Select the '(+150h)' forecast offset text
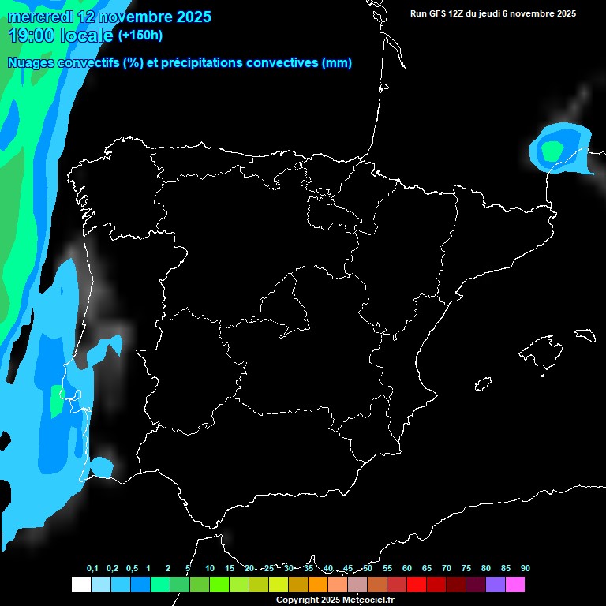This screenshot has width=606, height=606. tap(140, 35)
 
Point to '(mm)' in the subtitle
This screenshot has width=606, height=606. tap(336, 63)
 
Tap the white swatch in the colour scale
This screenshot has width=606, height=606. tap(81, 584)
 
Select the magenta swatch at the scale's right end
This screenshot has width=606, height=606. tap(515, 584)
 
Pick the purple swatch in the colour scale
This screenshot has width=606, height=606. tap(496, 584)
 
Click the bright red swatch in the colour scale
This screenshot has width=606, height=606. tap(417, 584)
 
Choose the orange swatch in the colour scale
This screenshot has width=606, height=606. tap(318, 584)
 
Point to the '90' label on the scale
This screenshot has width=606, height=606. tap(526, 569)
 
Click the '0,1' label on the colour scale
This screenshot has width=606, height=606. tap(92, 569)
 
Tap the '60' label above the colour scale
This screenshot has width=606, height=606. tap(407, 569)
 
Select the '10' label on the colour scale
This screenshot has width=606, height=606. tap(210, 569)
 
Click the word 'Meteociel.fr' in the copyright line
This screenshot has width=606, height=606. tap(365, 600)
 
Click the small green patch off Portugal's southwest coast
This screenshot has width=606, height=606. tap(56, 402)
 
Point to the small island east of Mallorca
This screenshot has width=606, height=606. tap(585, 335)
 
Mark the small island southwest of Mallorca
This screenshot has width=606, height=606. tap(484, 384)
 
